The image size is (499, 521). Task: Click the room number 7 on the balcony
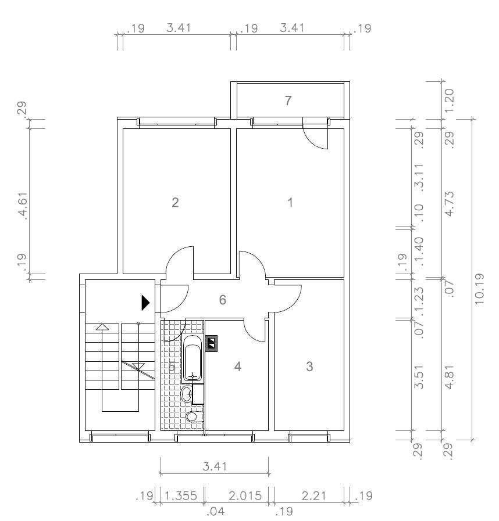tap(288, 100)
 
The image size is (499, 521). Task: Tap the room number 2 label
tap(174, 203)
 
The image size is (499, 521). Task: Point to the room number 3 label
tap(309, 367)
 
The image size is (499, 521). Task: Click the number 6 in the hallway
tap(222, 300)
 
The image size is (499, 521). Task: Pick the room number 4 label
tap(237, 367)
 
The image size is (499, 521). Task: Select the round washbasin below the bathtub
tap(187, 395)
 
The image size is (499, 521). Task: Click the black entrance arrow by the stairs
tap(146, 302)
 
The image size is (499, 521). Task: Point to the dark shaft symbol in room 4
tap(212, 343)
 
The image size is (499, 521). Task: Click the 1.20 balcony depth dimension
tap(449, 99)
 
